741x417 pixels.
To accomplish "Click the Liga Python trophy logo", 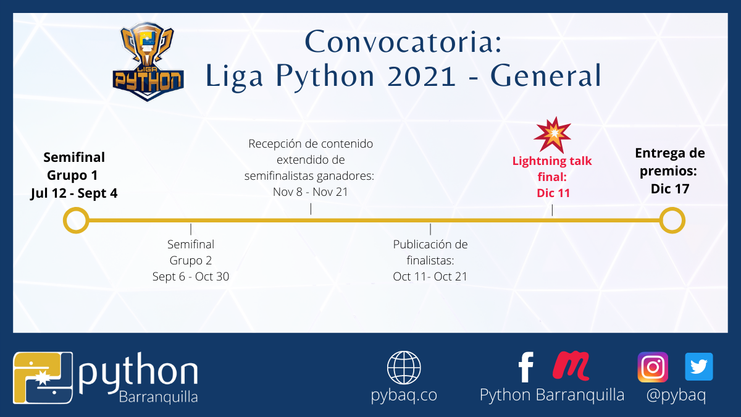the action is point(148,62).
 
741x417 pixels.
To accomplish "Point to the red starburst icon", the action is point(553,135).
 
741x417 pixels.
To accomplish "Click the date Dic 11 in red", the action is point(553,193).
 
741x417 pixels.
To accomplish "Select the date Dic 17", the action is point(670,189).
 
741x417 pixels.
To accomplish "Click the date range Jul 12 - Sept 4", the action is point(74,193).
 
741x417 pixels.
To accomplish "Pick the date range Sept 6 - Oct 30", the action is point(191,277).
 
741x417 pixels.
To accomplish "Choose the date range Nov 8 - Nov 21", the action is point(310,192).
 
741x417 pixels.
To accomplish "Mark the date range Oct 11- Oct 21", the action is point(430,277).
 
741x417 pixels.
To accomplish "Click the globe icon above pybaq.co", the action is point(404,368).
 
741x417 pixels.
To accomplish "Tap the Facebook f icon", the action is point(526,367).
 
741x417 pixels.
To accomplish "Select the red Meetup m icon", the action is point(571,366).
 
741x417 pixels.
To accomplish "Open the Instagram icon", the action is point(653,367).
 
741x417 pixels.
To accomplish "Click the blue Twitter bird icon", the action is point(699,367).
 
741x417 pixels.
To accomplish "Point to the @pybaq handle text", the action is point(676,395).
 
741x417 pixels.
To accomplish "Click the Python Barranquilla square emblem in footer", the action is point(43,378).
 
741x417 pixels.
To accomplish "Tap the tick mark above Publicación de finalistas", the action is point(430,229).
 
